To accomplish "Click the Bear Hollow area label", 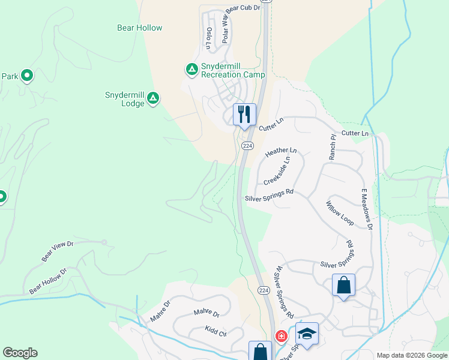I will click(x=140, y=28).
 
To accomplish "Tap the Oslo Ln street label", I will click(x=209, y=37).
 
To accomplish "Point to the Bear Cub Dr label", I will click(x=244, y=8).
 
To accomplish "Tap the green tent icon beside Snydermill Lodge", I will click(x=153, y=97).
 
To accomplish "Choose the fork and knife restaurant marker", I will click(x=244, y=113).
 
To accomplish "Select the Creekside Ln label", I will click(x=277, y=170).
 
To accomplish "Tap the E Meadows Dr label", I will click(x=367, y=208).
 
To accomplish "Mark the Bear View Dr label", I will click(x=57, y=251).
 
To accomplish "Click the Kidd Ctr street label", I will click(x=215, y=331).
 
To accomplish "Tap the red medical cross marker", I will click(x=280, y=336).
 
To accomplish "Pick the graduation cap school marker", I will click(x=307, y=334).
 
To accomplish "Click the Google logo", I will click(x=20, y=353).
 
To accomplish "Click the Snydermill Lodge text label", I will click(x=125, y=99).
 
